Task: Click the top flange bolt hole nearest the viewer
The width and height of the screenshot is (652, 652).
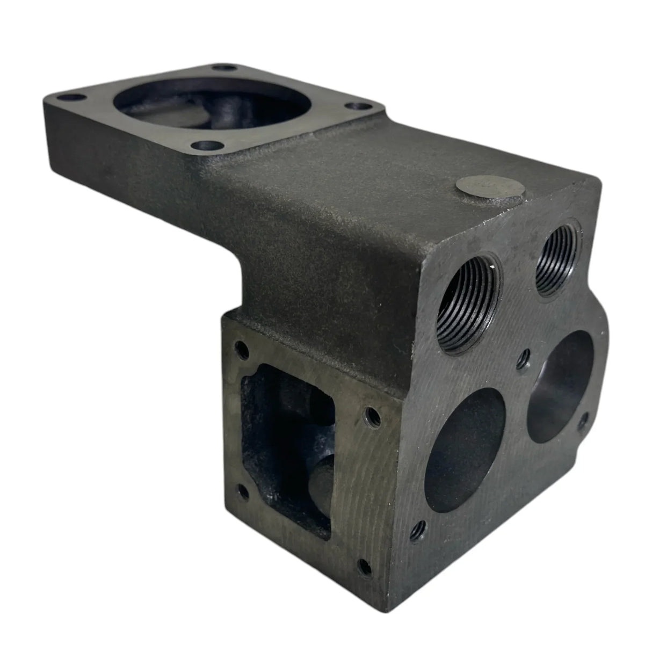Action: click(x=218, y=144)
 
